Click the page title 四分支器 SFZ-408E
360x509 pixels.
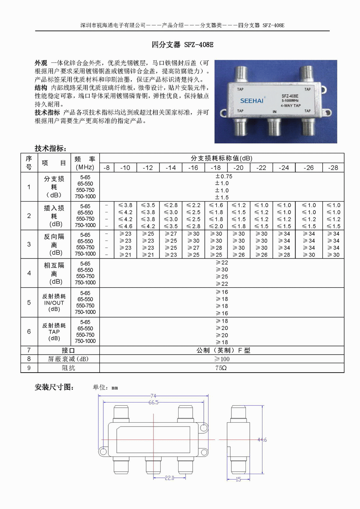click(183, 45)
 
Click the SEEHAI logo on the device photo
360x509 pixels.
click(252, 101)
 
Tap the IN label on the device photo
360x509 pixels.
click(275, 112)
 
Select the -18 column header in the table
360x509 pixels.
click(216, 168)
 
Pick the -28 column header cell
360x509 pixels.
click(333, 168)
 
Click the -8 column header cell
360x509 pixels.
click(107, 168)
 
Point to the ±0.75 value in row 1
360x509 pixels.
click(224, 176)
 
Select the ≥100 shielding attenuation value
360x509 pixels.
click(222, 359)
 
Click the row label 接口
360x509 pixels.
click(68, 350)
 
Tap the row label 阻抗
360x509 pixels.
click(68, 368)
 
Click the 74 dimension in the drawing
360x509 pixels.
click(153, 396)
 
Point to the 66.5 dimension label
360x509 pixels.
click(153, 402)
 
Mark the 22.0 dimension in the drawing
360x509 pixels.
click(170, 478)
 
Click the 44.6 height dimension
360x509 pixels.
click(262, 440)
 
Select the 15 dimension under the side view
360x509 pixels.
click(238, 479)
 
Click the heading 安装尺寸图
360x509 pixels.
click(54, 387)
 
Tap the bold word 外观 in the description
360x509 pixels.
click(41, 63)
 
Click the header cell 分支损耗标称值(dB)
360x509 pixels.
click(221, 158)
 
